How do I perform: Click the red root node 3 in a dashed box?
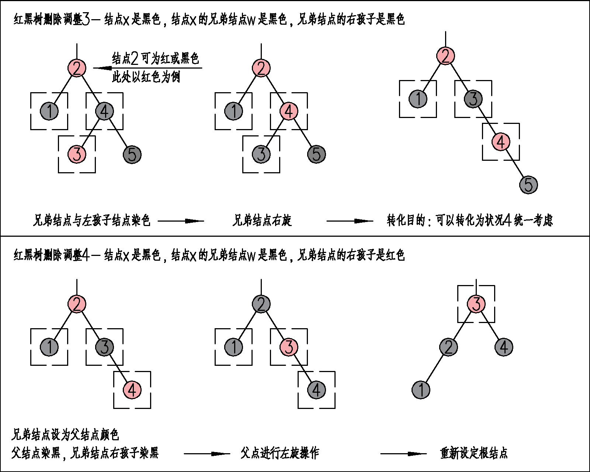tap(476, 304)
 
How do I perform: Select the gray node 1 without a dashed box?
tap(421, 390)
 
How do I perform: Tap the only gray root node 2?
tap(261, 304)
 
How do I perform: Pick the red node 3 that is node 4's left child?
tap(77, 154)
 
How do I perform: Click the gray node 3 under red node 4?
tap(261, 154)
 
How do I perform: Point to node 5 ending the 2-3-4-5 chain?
tap(528, 185)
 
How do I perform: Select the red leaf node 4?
tap(132, 390)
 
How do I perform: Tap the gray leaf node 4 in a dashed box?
tap(316, 390)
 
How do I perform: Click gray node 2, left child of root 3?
tap(448, 347)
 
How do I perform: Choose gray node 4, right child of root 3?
tap(504, 347)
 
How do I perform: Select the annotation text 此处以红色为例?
tap(146, 77)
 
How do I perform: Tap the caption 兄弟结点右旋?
tap(262, 221)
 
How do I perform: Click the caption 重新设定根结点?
tap(474, 453)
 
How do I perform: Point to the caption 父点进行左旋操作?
tap(280, 453)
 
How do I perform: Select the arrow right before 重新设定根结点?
tap(403, 454)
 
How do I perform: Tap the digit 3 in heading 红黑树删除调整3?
tap(86, 19)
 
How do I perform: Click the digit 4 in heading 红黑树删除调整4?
tap(86, 255)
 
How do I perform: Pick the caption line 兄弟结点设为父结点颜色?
tap(65, 435)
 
